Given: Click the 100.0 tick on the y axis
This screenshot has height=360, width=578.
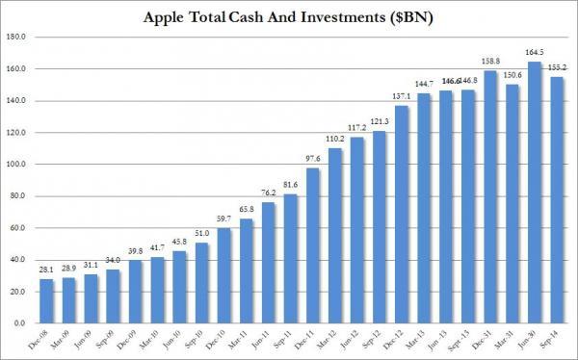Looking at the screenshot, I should pyautogui.click(x=18, y=165).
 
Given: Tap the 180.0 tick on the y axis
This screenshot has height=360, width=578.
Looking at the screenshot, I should pyautogui.click(x=18, y=38).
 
